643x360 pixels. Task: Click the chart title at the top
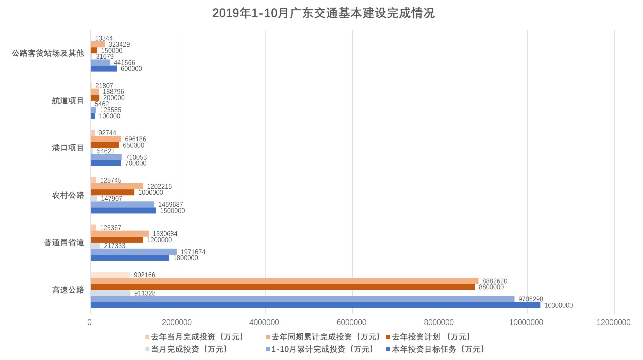point(323,13)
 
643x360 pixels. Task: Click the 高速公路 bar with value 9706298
point(302,299)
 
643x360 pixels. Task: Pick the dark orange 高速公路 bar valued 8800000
point(282,287)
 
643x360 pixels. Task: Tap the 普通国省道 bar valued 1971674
point(134,252)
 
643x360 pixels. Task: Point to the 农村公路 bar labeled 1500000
point(123,210)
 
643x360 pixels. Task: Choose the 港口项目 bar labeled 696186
point(106,139)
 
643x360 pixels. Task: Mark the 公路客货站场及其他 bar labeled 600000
point(104,69)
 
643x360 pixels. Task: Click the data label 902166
point(144,275)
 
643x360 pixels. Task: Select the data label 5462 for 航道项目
point(102,104)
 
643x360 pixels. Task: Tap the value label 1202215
point(159,186)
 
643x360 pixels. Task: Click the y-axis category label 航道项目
point(68,101)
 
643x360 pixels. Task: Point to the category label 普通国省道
point(64,243)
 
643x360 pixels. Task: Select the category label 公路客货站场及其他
point(48,53)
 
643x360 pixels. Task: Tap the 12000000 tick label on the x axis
point(613,322)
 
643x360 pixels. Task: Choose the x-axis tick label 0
point(90,322)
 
